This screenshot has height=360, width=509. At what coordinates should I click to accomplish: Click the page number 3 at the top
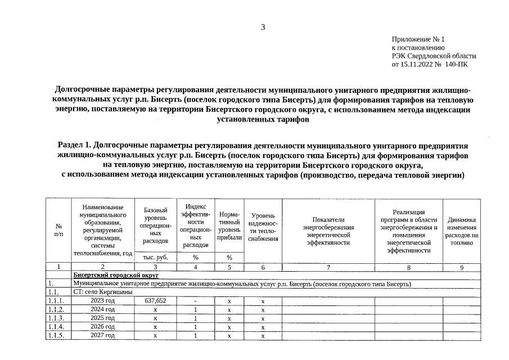(x=262, y=27)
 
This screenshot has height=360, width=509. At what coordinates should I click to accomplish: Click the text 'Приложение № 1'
(x=418, y=39)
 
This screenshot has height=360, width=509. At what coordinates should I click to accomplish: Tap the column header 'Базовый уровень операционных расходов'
(x=155, y=225)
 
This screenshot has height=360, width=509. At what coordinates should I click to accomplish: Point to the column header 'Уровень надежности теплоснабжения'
(x=263, y=227)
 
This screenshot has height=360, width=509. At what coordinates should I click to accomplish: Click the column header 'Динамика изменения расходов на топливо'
(x=462, y=231)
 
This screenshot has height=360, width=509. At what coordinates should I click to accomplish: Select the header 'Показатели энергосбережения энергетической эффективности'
(x=328, y=231)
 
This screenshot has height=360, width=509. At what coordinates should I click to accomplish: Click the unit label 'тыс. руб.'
(x=155, y=257)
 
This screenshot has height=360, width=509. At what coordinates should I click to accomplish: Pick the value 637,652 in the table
(x=155, y=301)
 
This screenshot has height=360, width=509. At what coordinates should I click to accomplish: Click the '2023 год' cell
(x=102, y=301)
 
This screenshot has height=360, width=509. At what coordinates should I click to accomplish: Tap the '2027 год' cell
(x=102, y=336)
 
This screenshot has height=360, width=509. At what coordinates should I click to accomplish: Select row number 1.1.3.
(x=56, y=318)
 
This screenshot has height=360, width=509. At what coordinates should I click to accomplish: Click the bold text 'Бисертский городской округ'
(x=116, y=275)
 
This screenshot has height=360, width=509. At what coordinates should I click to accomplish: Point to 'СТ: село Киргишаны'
(x=103, y=292)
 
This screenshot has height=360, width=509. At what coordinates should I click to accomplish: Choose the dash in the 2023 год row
(x=195, y=301)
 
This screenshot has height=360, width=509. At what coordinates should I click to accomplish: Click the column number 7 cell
(x=328, y=267)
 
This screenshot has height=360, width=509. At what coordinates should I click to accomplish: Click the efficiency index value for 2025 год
(x=195, y=318)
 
